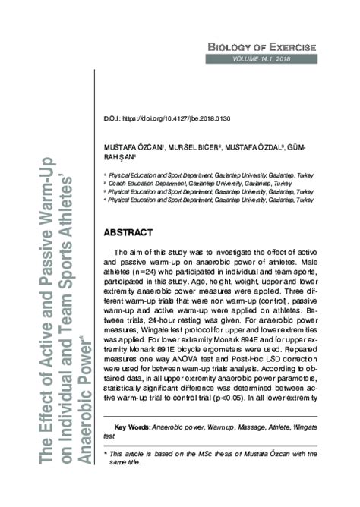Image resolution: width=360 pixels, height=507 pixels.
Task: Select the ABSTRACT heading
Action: pyautogui.click(x=131, y=231)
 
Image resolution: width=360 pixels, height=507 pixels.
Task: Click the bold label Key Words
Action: pyautogui.click(x=132, y=428)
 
